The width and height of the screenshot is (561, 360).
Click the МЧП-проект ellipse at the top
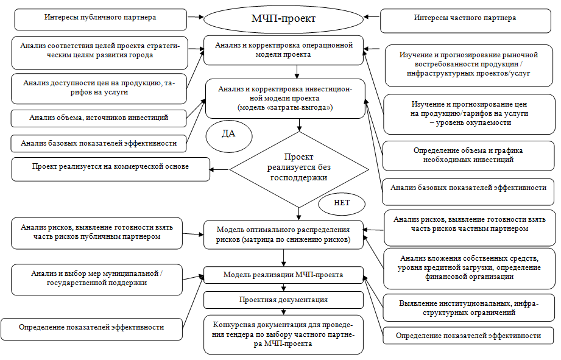pos(283,18)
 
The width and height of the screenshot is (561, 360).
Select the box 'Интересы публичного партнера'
pos(100,18)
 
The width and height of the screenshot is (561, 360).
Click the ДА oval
pos(228,135)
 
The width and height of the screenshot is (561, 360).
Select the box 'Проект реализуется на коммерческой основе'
pos(110,166)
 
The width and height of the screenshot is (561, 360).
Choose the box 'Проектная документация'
pos(283,300)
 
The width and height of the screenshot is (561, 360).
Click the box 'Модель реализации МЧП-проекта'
pos(283,275)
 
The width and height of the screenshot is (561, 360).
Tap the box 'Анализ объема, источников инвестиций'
pos(99,118)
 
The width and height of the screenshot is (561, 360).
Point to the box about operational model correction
pos(283,49)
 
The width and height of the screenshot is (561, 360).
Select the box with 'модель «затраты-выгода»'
pos(284,98)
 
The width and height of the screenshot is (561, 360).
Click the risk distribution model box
pos(283,235)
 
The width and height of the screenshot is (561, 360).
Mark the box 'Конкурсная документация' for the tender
pos(283,334)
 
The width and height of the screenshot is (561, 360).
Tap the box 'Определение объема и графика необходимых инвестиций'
pos(468,155)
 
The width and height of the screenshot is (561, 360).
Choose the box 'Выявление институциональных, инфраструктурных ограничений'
pos(468,308)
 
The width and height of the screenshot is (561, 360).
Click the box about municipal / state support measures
pos(97,278)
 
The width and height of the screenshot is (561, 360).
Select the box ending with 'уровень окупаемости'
pos(468,113)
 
